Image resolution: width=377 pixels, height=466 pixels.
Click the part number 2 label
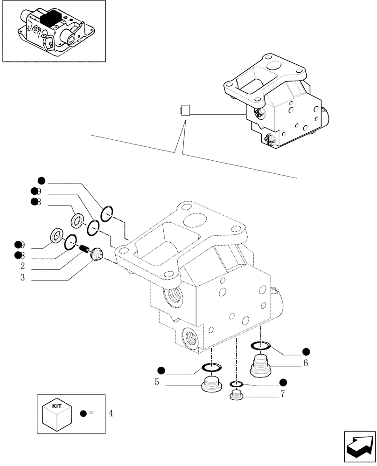[22, 267]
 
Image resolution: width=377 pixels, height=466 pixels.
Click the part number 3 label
[22, 279]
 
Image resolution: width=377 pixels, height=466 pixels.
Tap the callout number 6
[305, 363]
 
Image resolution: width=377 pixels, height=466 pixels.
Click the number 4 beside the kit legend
[110, 413]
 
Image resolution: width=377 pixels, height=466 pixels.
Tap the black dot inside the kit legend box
[83, 413]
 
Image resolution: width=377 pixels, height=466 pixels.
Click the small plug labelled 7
[236, 396]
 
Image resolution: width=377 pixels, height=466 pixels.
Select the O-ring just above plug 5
[212, 369]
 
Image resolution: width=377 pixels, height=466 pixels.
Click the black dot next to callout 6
[306, 351]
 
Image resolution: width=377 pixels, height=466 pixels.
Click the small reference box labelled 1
[186, 111]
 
